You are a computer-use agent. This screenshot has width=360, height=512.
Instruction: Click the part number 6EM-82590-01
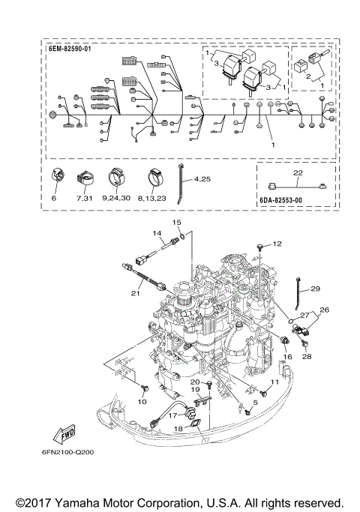coord(70,49)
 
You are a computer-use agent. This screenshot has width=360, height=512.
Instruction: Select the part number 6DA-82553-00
coord(281,200)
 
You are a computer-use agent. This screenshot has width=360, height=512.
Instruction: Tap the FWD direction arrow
coord(64,433)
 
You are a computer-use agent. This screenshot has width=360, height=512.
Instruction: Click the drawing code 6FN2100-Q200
coord(67,452)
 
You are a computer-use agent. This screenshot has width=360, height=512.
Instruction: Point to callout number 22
coord(298,172)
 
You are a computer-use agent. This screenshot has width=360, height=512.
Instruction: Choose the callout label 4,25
coord(202,179)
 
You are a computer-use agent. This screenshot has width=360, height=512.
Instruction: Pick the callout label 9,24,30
coord(116,198)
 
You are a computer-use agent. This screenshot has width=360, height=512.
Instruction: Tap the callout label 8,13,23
coord(152,198)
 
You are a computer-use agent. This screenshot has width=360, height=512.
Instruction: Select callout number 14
coord(157,233)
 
